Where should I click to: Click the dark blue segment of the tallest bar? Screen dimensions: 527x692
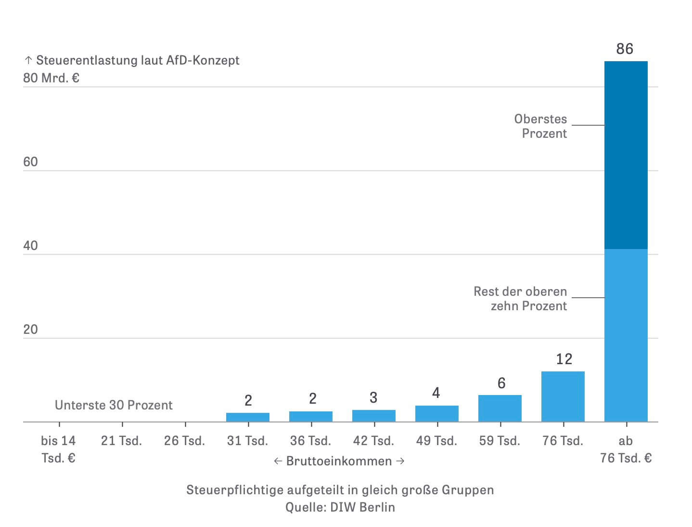click(626, 154)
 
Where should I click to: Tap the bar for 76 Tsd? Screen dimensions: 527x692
click(563, 396)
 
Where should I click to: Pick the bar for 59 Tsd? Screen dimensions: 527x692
click(500, 408)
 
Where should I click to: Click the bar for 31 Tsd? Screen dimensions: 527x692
click(247, 417)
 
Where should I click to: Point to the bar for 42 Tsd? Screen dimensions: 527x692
click(373, 416)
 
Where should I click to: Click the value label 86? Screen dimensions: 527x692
click(625, 49)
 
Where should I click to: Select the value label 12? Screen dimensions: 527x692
click(564, 359)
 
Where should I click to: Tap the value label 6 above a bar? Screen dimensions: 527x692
click(501, 383)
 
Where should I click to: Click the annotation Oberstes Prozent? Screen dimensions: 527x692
click(541, 126)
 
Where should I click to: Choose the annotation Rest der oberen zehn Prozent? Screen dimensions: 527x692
click(521, 299)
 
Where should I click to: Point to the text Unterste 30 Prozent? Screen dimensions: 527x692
click(114, 405)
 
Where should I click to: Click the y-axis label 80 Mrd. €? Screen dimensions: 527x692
click(51, 78)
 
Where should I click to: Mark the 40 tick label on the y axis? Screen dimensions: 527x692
click(30, 246)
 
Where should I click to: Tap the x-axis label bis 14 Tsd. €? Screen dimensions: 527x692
click(58, 449)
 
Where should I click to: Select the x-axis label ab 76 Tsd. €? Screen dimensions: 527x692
click(626, 449)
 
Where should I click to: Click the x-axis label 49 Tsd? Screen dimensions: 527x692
click(436, 441)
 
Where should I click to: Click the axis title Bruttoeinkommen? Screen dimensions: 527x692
click(339, 461)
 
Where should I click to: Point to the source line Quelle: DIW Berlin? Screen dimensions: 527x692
click(340, 507)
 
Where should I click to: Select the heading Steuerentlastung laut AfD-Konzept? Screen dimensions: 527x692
click(137, 60)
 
